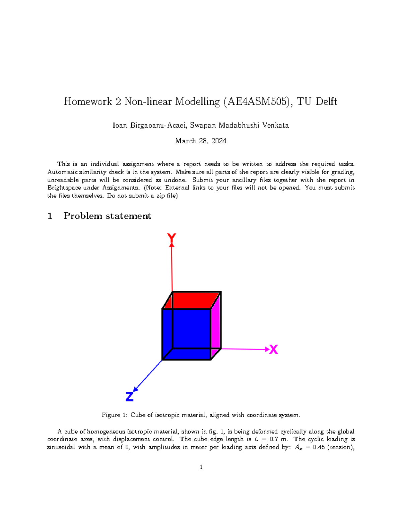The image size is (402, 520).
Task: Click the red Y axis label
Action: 172,238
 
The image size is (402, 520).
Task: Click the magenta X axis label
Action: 274,350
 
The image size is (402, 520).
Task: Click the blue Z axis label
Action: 129,397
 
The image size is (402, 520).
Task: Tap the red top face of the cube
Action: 191,300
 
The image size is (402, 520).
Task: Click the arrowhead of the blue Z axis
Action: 136,389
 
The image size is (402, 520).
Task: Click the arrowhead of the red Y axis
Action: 172,245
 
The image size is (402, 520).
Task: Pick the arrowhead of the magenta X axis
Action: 267,349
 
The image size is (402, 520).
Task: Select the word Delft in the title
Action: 326,101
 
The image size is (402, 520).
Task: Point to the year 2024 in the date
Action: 218,141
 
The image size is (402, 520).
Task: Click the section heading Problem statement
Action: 107,216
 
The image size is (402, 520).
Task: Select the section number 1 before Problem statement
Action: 50,216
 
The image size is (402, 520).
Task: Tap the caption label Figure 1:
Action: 115,415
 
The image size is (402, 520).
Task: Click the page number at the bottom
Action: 201,467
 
